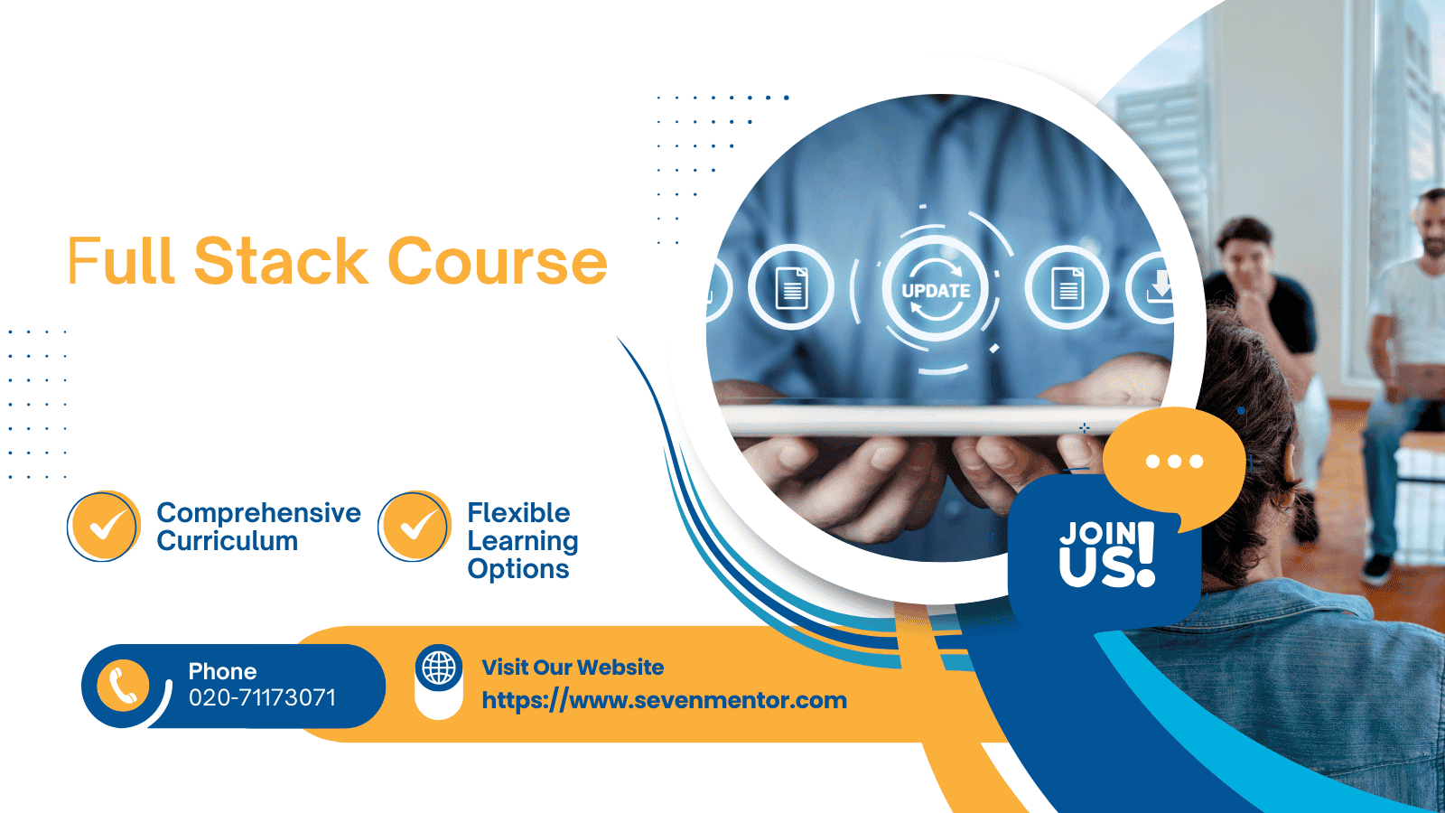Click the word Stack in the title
(281, 262)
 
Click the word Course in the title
(498, 262)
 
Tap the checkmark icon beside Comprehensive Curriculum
(104, 527)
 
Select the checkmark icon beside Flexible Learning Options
(415, 527)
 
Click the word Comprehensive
(258, 513)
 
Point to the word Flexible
(518, 513)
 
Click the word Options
(518, 569)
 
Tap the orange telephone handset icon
(123, 686)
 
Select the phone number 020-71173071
(262, 698)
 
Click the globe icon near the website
(439, 668)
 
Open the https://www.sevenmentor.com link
(664, 700)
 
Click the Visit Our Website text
(573, 668)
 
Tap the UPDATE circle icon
(936, 290)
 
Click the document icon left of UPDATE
(791, 288)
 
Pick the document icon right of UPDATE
(1067, 288)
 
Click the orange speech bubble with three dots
(1174, 463)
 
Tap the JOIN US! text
(1107, 553)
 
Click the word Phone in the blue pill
(222, 671)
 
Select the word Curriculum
(228, 541)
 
